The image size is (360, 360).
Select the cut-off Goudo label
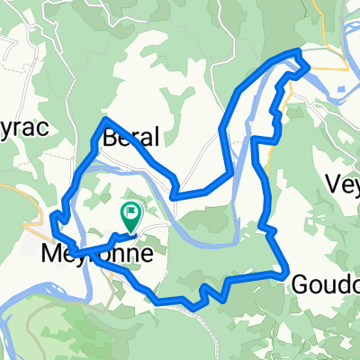pos(326,284)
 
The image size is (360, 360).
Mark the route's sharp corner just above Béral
pos(106,119)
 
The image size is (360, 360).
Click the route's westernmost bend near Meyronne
pos(53,216)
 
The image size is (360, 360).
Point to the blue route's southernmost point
pos(193,308)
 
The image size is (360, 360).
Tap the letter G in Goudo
pos(301,284)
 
